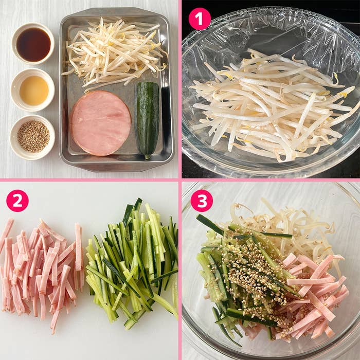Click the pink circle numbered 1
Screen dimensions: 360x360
point(200,19)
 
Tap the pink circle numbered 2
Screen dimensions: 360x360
point(17,201)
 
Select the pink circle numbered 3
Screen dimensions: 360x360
point(202,201)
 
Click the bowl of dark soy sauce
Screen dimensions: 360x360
point(33,44)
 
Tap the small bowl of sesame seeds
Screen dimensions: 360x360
point(32,137)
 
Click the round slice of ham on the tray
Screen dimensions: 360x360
point(100,123)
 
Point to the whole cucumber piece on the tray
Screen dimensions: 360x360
point(148,119)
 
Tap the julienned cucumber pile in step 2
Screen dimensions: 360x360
point(133,264)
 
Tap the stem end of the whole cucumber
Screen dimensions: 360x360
point(147,157)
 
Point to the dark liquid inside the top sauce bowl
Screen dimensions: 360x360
point(33,45)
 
